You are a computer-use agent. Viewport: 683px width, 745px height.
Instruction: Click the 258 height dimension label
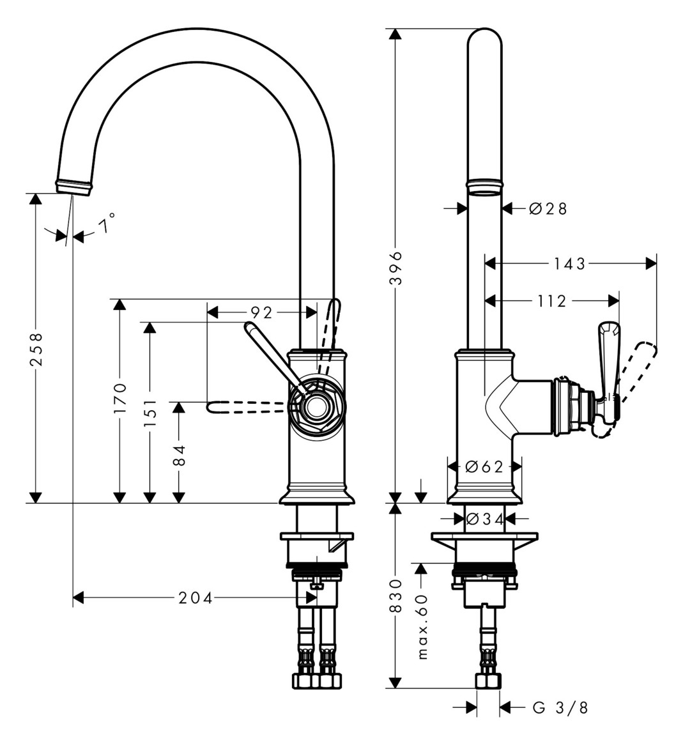point(36,349)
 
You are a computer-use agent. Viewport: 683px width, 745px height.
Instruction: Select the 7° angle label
point(107,223)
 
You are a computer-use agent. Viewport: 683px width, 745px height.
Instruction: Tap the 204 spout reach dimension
point(196,597)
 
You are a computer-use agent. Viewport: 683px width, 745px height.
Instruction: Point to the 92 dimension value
point(261,312)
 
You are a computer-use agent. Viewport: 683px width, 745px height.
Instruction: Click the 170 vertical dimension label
point(121,397)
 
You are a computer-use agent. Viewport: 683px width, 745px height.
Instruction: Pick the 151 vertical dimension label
point(150,411)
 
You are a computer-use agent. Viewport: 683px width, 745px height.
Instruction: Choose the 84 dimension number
point(179,455)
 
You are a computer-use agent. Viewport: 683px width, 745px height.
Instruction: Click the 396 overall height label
point(395,268)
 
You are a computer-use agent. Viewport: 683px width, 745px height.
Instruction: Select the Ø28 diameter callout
point(548,208)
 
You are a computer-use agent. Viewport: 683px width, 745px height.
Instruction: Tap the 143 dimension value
point(569,264)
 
